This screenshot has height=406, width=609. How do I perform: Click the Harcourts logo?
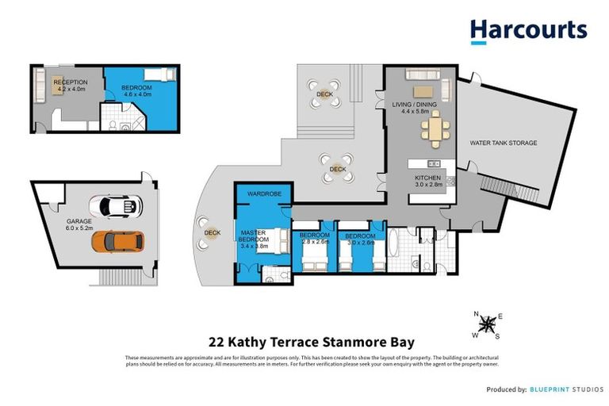528,31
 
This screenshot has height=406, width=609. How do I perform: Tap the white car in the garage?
115,206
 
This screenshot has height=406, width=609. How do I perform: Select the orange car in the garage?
117,240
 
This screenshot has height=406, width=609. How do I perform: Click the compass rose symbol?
488,323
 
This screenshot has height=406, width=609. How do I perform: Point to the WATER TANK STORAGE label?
503,144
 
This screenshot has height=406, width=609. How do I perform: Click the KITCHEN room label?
427,178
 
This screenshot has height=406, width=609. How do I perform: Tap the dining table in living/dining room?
433,128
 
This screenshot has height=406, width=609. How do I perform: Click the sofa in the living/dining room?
420,74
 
